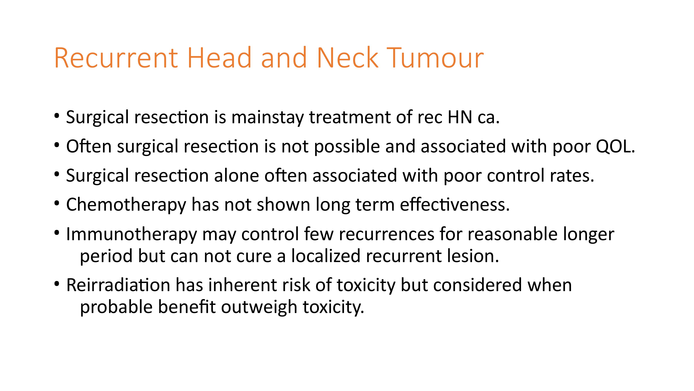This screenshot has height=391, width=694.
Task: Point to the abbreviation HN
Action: [x=460, y=117]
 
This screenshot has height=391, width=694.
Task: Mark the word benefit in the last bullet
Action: [x=186, y=307]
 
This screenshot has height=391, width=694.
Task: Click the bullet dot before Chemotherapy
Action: [x=56, y=203]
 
